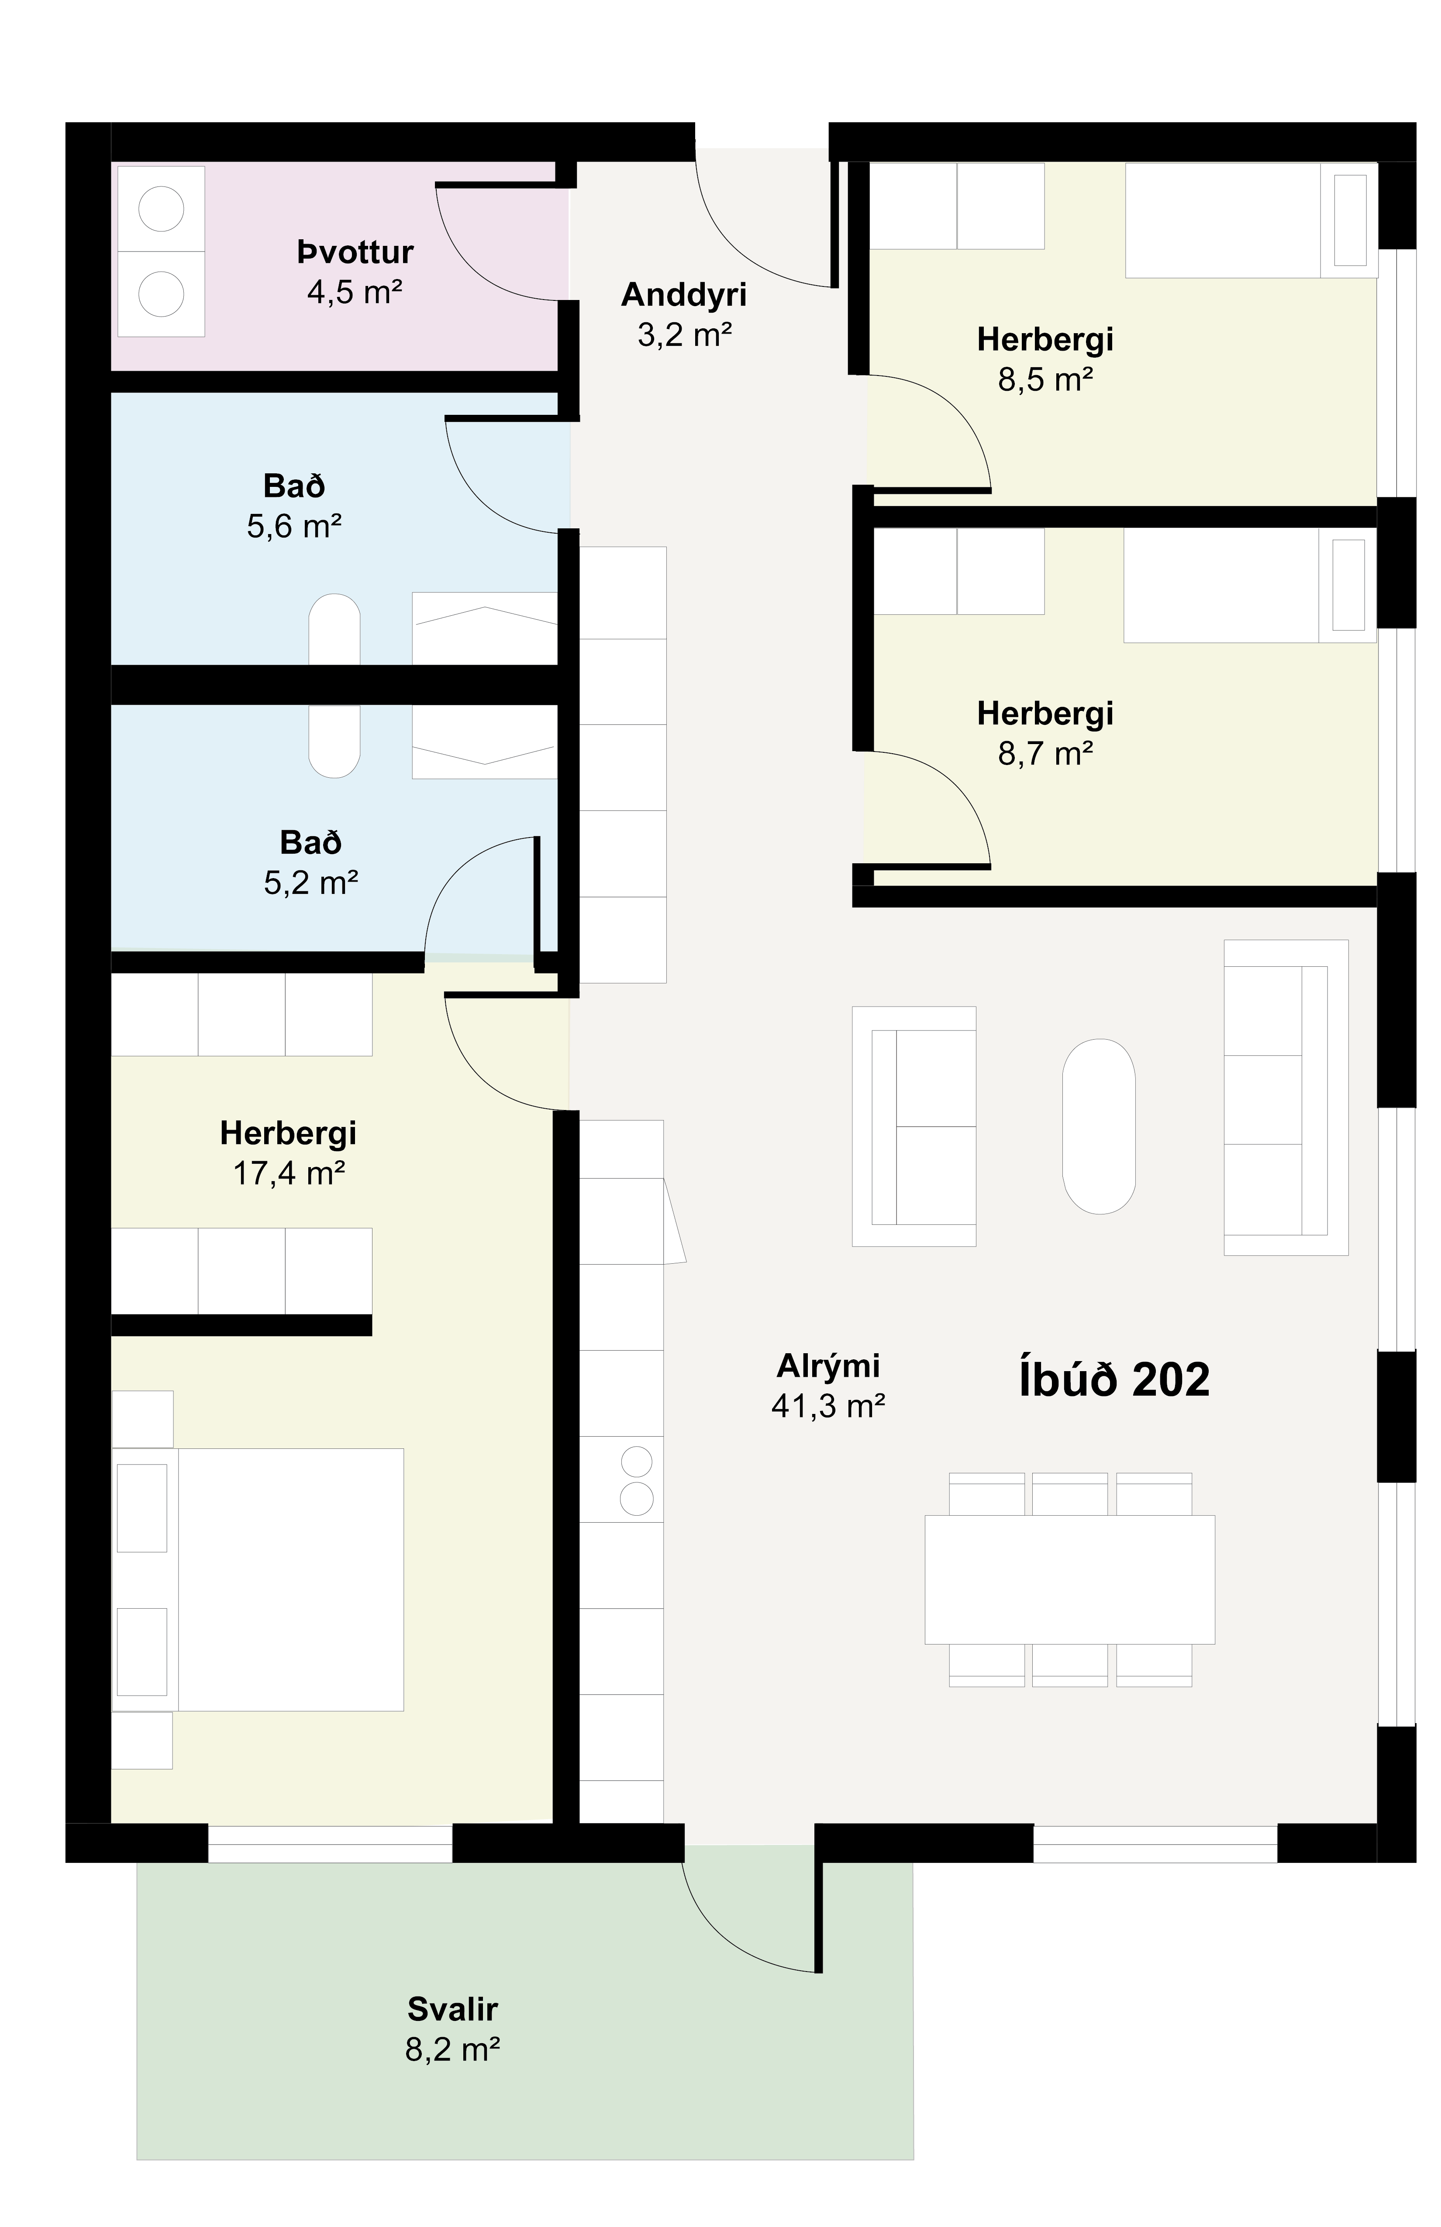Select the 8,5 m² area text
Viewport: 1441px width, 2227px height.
pos(1045,380)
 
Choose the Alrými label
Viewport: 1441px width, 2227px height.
pos(828,1366)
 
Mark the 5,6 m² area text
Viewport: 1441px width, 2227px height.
pos(294,527)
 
